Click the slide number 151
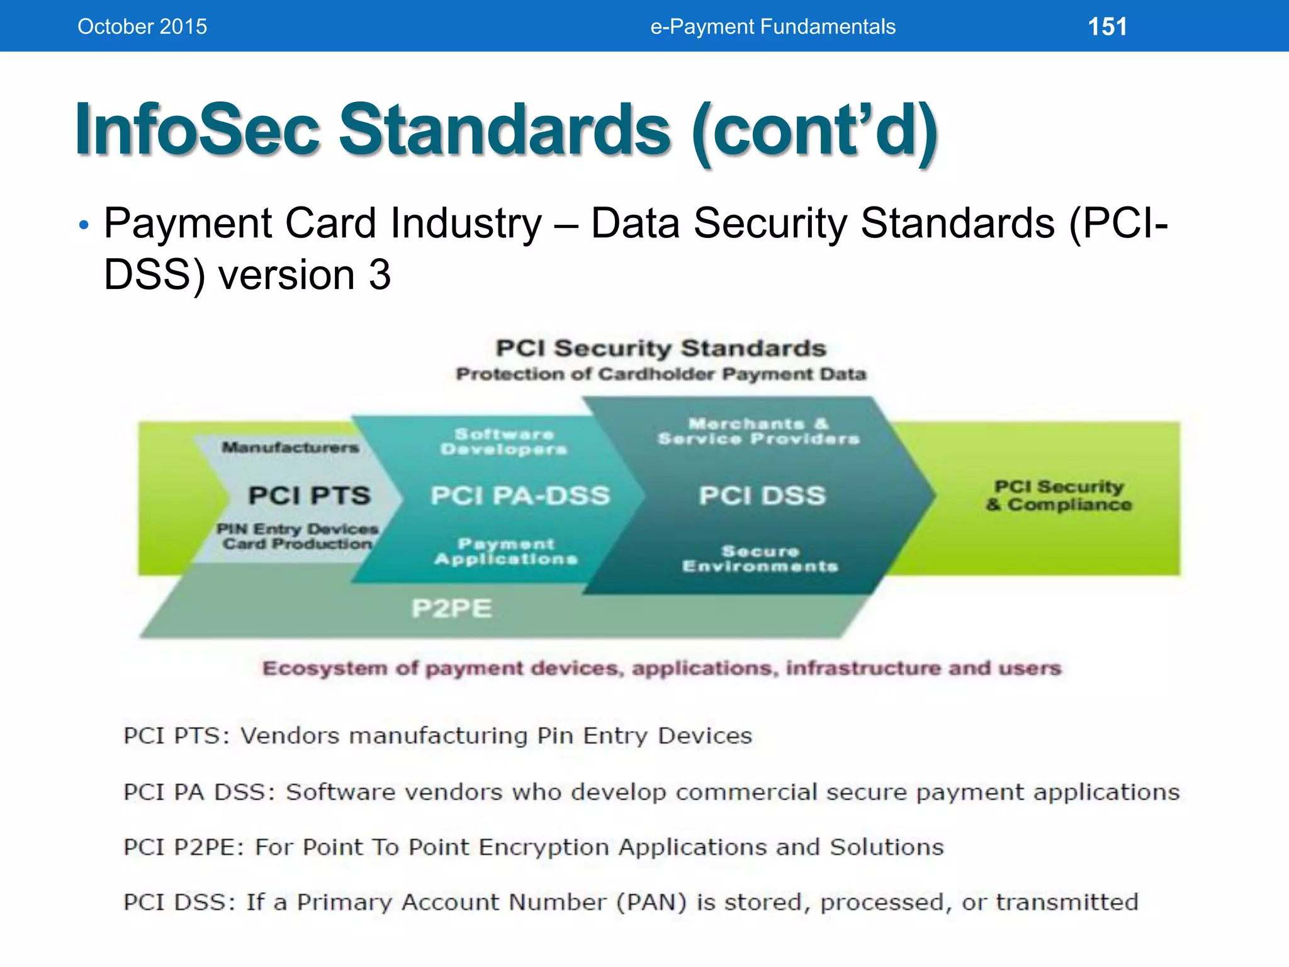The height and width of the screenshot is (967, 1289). [x=1107, y=26]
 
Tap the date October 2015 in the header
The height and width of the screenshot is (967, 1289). [x=142, y=26]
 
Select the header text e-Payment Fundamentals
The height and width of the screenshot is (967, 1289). [x=772, y=26]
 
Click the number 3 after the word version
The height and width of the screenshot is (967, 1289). [x=380, y=275]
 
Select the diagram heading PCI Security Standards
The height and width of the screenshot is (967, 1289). [x=660, y=348]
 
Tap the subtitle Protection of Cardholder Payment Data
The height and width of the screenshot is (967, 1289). [x=661, y=374]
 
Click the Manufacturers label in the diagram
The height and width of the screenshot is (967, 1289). [x=290, y=448]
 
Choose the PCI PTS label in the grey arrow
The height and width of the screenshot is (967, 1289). [x=309, y=495]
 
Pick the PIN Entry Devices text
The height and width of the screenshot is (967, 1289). [x=297, y=529]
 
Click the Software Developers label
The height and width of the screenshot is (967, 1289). [x=504, y=441]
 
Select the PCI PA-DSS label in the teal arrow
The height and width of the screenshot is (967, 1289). [x=520, y=495]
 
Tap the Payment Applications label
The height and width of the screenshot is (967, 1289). [x=506, y=551]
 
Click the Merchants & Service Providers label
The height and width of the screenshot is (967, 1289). [x=758, y=431]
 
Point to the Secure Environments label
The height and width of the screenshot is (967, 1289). [x=760, y=559]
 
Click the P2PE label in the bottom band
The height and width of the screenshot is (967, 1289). [x=451, y=608]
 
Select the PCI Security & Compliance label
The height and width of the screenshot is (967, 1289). [x=1059, y=495]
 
